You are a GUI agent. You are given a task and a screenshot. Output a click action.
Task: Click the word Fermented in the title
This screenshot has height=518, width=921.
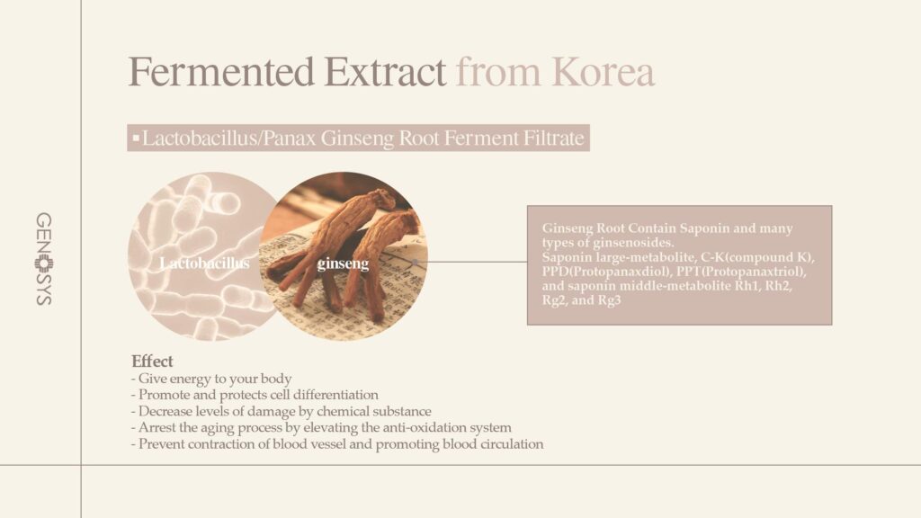(x=222, y=72)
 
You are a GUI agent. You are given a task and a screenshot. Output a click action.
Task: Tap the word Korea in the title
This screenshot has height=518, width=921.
(x=604, y=72)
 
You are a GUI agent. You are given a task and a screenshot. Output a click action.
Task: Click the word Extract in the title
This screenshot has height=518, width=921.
(x=385, y=72)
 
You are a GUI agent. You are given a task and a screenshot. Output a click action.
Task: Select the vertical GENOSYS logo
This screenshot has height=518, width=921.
(x=44, y=259)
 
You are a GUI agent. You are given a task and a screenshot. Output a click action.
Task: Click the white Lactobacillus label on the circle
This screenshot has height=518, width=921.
(x=204, y=263)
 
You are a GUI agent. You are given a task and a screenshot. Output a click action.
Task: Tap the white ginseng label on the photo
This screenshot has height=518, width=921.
(x=343, y=263)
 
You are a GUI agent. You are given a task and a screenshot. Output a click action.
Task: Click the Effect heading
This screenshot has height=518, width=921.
(x=152, y=361)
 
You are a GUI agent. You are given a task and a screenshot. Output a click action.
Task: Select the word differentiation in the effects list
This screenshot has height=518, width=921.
(x=335, y=394)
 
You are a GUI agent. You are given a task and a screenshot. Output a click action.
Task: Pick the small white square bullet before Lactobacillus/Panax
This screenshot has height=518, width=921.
(x=137, y=138)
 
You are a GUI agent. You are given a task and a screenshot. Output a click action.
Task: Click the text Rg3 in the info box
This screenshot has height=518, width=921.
(x=609, y=300)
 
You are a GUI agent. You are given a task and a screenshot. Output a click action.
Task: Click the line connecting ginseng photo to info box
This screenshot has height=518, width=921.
(x=471, y=262)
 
